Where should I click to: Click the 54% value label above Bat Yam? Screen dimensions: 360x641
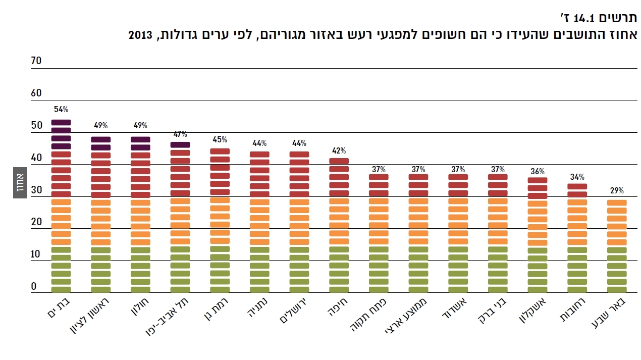pyautogui.click(x=61, y=109)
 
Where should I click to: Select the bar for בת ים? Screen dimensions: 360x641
pyautogui.click(x=61, y=207)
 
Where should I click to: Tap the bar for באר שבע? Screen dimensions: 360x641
pyautogui.click(x=617, y=246)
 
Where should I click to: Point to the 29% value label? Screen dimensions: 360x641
pyautogui.click(x=617, y=191)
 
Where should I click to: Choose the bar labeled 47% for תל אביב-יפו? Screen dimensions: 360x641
pyautogui.click(x=180, y=217)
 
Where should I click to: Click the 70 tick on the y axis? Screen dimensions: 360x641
pyautogui.click(x=36, y=61)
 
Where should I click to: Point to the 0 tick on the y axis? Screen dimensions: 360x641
pyautogui.click(x=34, y=286)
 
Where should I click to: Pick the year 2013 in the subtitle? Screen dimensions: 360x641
pyautogui.click(x=140, y=35)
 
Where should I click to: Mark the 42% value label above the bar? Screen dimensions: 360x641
pyautogui.click(x=339, y=150)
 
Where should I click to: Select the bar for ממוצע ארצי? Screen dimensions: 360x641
pyautogui.click(x=418, y=233)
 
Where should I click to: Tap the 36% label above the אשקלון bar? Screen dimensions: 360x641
pyautogui.click(x=538, y=171)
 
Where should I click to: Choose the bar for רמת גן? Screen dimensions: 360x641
pyautogui.click(x=220, y=221)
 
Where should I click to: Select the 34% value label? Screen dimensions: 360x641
pyautogui.click(x=577, y=177)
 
